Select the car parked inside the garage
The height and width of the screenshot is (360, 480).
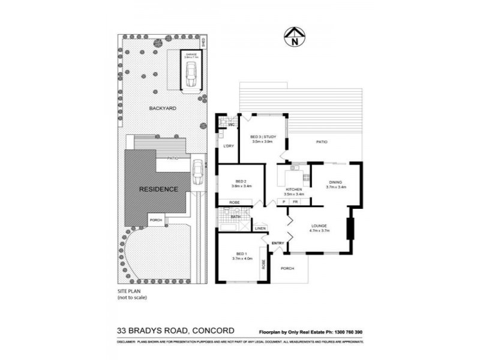[191, 75]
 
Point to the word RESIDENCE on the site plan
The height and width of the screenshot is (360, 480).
[158, 189]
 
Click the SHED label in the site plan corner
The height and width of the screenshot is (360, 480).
[204, 43]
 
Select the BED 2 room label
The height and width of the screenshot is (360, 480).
[241, 181]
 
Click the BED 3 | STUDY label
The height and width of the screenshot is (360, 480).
[263, 138]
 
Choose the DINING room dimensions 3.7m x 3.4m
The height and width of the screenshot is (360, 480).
[337, 187]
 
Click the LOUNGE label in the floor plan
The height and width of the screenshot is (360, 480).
[318, 226]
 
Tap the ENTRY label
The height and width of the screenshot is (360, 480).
[278, 242]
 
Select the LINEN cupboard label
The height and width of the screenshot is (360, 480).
[260, 229]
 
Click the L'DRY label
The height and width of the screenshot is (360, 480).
[228, 146]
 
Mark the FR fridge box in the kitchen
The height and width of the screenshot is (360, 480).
[295, 202]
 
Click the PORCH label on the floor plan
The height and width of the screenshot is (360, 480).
[287, 268]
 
